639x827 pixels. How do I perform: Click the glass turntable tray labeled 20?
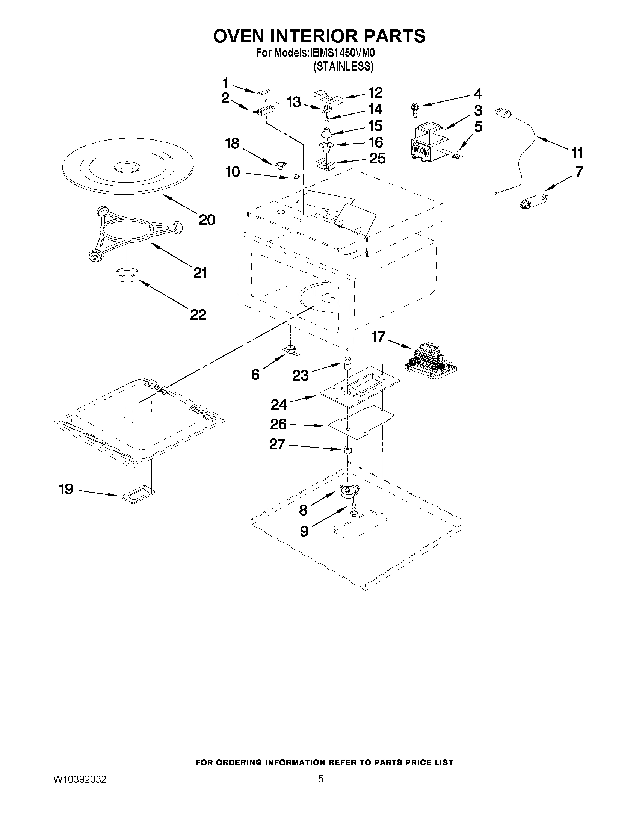[127, 166]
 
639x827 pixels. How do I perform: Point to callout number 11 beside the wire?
[577, 153]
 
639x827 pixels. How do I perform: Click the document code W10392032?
[80, 779]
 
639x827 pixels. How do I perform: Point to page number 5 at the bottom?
[321, 779]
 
